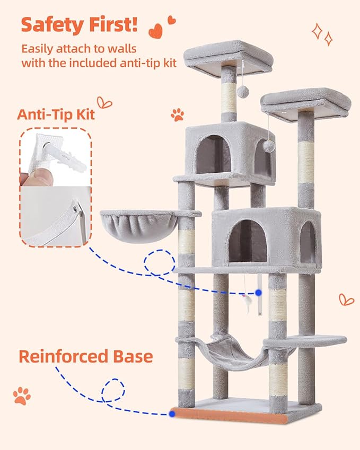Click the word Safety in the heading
52,25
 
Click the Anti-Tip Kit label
56,114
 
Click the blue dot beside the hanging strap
258,292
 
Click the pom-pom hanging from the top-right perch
269,146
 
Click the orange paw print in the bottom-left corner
22,395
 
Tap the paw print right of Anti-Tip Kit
177,114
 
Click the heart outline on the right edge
346,299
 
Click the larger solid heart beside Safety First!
155,31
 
